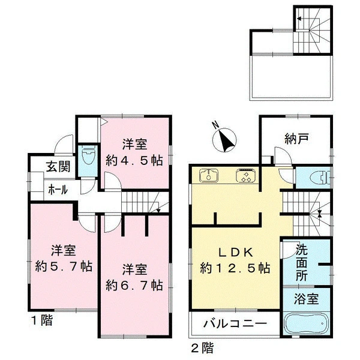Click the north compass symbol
[x=224, y=140]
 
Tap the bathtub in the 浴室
[x=306, y=323]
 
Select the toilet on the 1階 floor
[x=88, y=155]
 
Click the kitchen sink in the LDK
[x=209, y=176]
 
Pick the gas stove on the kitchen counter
[x=245, y=176]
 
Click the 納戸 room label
[x=296, y=139]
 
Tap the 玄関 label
[x=58, y=166]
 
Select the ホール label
[x=58, y=190]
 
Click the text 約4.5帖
[x=134, y=160]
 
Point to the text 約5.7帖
[x=64, y=266]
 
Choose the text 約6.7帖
[x=134, y=286]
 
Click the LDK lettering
[x=236, y=253]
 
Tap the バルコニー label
[x=236, y=324]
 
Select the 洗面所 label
[x=301, y=262]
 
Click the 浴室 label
[x=306, y=299]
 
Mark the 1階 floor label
[x=42, y=320]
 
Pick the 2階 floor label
[x=202, y=347]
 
